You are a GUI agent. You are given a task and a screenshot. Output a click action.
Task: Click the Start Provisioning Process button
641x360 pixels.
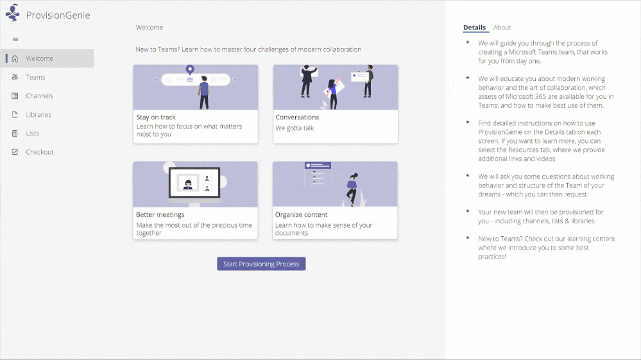click(x=261, y=264)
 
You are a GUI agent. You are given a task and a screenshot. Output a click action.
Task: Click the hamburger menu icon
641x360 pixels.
click(x=15, y=39)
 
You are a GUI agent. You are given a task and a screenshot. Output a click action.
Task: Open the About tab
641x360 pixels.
click(x=502, y=28)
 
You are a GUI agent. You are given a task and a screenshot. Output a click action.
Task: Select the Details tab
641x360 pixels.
click(x=475, y=28)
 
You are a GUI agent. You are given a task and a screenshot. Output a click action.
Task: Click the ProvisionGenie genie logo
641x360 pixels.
click(x=13, y=13)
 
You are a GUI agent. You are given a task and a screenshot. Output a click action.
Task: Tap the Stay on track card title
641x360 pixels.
click(x=156, y=117)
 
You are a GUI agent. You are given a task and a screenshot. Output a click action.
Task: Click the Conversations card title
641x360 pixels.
click(x=297, y=117)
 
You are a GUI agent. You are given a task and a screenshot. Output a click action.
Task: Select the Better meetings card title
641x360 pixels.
click(x=160, y=214)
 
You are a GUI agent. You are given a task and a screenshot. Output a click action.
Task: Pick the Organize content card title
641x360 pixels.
click(x=302, y=214)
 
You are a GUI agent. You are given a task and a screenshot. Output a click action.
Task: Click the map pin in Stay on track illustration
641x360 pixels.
click(x=190, y=69)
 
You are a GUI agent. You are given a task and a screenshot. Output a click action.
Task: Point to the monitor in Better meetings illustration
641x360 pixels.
click(x=194, y=183)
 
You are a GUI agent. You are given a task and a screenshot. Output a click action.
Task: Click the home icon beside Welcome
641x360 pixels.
click(x=15, y=58)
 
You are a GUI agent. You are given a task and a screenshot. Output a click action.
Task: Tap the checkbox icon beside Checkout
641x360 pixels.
click(x=15, y=152)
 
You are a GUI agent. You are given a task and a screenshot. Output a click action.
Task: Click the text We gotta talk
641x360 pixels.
click(x=295, y=128)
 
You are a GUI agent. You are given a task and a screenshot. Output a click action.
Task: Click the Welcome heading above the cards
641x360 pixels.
click(x=150, y=28)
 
